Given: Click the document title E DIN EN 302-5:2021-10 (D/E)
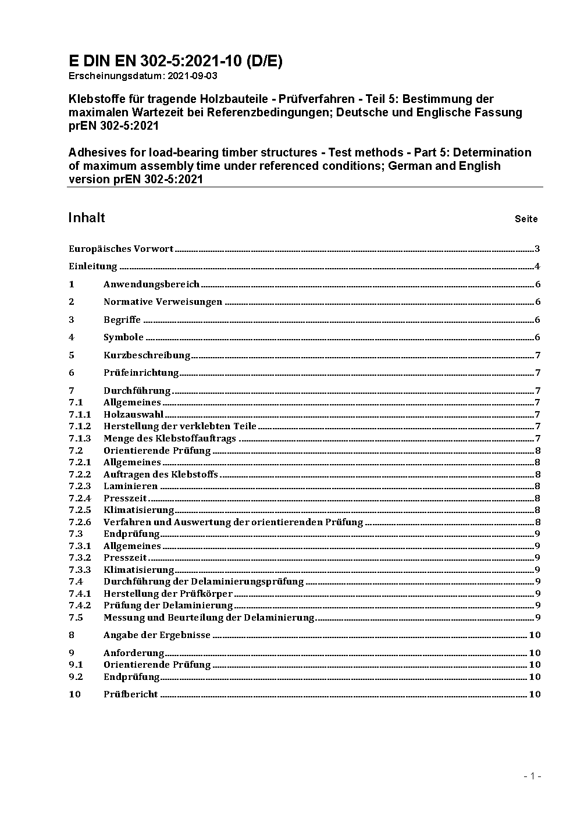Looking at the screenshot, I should tap(175, 62).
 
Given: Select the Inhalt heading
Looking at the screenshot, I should tap(87, 218).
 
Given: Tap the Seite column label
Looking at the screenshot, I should tap(526, 219).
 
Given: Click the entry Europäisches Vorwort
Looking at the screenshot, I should tap(121, 249).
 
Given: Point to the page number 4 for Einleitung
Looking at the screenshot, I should tap(537, 267).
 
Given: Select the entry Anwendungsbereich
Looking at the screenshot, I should tap(151, 284).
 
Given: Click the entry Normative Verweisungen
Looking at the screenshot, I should tap(163, 302).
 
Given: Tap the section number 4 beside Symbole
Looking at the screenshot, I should tap(72, 337).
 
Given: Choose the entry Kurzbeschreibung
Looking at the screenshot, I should tap(147, 355).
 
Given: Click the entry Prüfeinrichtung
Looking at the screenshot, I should tap(141, 373).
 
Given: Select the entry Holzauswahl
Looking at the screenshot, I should tap(133, 415).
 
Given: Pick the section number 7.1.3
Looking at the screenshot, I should tap(80, 439).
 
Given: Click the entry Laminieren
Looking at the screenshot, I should tap(130, 486).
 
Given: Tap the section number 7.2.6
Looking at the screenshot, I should tap(80, 522).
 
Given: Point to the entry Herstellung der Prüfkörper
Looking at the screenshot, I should tap(168, 594).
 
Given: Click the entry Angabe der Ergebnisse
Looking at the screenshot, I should tap(157, 635).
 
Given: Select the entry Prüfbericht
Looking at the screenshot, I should tap(131, 694).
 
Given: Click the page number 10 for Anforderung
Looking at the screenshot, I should tap(535, 653).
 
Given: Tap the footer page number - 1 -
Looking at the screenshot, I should tap(532, 776).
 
